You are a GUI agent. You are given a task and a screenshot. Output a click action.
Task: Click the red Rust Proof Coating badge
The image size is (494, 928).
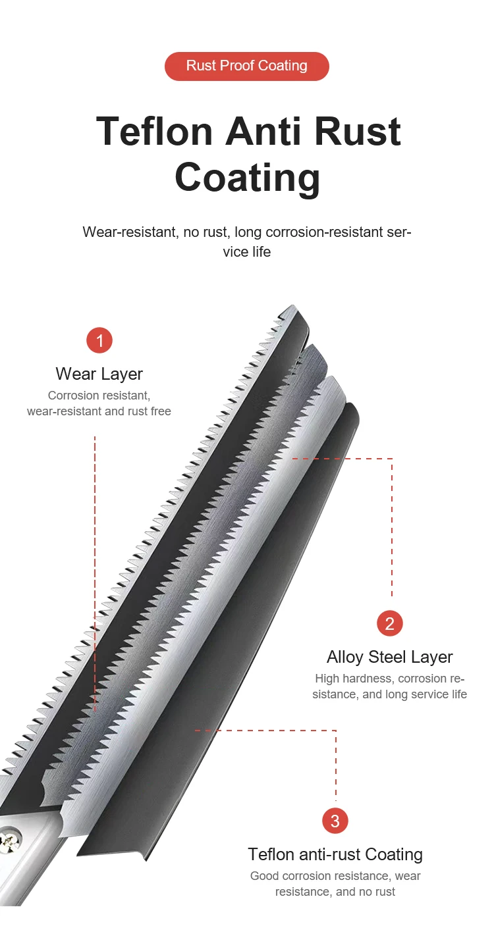click(x=246, y=66)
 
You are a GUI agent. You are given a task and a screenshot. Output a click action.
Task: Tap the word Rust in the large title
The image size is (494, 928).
click(x=357, y=131)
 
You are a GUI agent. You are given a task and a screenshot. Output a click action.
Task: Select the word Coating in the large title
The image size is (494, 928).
click(x=247, y=176)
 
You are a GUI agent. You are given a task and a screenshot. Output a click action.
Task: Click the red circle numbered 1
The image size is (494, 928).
click(x=99, y=341)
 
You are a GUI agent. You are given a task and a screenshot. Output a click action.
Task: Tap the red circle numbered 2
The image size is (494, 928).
click(x=389, y=623)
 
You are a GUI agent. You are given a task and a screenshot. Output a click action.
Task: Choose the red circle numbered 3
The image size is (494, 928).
click(x=335, y=821)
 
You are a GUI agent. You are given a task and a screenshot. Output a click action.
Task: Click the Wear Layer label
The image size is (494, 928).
click(x=99, y=374)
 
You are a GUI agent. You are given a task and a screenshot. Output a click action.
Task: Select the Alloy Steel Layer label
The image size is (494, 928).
click(x=389, y=657)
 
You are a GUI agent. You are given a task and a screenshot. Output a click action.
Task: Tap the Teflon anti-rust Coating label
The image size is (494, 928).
click(x=335, y=854)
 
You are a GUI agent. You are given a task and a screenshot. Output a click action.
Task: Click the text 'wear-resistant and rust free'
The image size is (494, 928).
click(x=99, y=411)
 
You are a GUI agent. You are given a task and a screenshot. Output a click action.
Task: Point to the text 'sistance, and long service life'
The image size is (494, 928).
click(x=389, y=694)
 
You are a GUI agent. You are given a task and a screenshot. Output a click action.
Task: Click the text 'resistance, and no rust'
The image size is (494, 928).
click(x=335, y=892)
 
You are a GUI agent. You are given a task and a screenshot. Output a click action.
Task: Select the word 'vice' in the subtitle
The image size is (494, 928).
click(x=234, y=251)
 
